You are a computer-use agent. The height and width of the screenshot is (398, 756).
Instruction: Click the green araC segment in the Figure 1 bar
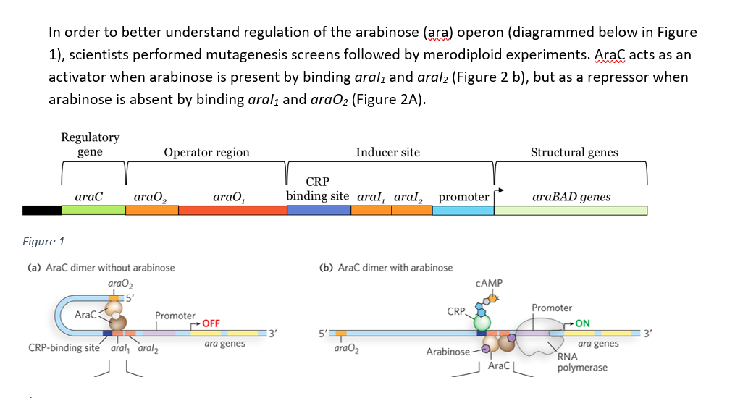(x=93, y=210)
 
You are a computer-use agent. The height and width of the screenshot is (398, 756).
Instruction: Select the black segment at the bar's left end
(x=42, y=210)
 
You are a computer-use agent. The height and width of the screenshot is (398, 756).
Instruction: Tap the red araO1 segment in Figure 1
(x=232, y=210)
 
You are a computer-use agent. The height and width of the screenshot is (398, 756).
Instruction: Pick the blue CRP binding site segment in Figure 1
(x=319, y=210)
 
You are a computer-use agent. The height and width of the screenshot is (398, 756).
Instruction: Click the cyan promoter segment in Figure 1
(x=463, y=210)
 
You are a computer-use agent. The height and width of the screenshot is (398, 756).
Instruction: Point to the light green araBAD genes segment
(x=571, y=210)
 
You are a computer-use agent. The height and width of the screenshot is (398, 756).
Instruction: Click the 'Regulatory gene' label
(x=91, y=144)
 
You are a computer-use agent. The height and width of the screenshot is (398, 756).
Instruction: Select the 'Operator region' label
(x=206, y=152)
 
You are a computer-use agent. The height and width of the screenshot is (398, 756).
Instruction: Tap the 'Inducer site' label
(x=387, y=152)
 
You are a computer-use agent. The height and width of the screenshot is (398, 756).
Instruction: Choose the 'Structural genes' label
(x=574, y=152)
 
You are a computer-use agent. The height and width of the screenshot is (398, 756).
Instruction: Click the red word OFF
(x=211, y=323)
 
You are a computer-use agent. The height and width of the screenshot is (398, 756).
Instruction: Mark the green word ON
(x=582, y=323)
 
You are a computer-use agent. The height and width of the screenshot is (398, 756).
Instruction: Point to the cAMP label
(x=490, y=283)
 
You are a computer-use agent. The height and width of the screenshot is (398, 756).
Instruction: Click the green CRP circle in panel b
(x=482, y=321)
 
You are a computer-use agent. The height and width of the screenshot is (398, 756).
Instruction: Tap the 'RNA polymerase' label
(x=582, y=363)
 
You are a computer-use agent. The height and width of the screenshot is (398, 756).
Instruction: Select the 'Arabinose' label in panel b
(x=448, y=352)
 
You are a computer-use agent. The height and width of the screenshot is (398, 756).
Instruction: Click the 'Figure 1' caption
(x=43, y=242)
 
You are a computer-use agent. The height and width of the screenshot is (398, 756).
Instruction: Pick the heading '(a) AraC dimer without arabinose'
(x=101, y=268)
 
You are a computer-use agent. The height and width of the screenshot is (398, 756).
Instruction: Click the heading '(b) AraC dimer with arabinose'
(x=386, y=268)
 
